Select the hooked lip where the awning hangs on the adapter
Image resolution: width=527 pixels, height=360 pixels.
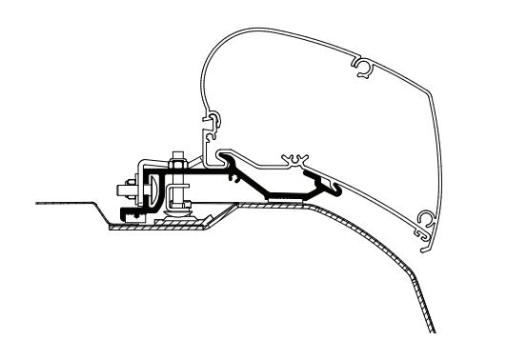coord(222,152)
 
